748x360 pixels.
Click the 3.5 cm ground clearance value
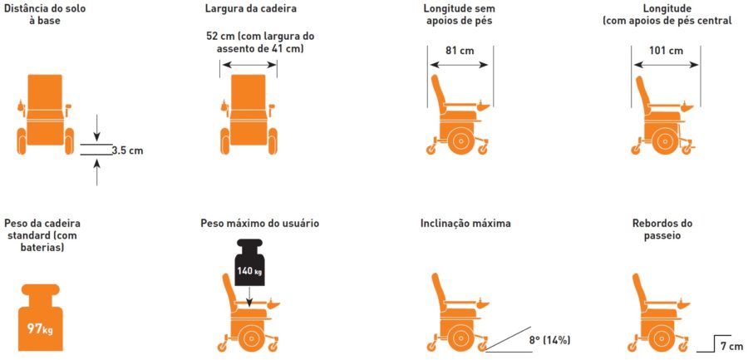click(x=127, y=150)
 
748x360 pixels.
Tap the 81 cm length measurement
click(x=460, y=51)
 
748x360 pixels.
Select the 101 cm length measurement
click(x=666, y=51)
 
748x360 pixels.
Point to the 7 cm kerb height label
click(x=731, y=345)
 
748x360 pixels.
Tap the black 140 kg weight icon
click(x=249, y=261)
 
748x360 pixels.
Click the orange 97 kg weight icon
click(x=41, y=314)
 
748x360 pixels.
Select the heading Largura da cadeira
click(x=251, y=8)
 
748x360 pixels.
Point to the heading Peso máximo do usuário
click(x=260, y=223)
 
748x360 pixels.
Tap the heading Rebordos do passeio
click(x=662, y=229)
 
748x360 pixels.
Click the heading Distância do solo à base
click(x=46, y=14)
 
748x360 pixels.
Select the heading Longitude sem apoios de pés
click(x=459, y=14)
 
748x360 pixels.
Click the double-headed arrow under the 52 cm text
click(x=249, y=65)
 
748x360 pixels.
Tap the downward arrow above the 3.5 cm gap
click(x=97, y=128)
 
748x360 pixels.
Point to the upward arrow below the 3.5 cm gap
click(x=97, y=172)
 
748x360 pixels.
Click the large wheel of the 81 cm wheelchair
click(x=460, y=140)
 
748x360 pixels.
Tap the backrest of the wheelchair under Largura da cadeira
click(x=248, y=91)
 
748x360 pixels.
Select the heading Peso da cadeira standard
click(x=42, y=235)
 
